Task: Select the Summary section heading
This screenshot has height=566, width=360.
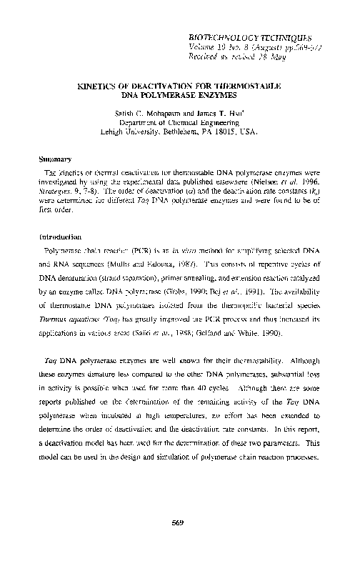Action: pyautogui.click(x=56, y=160)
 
